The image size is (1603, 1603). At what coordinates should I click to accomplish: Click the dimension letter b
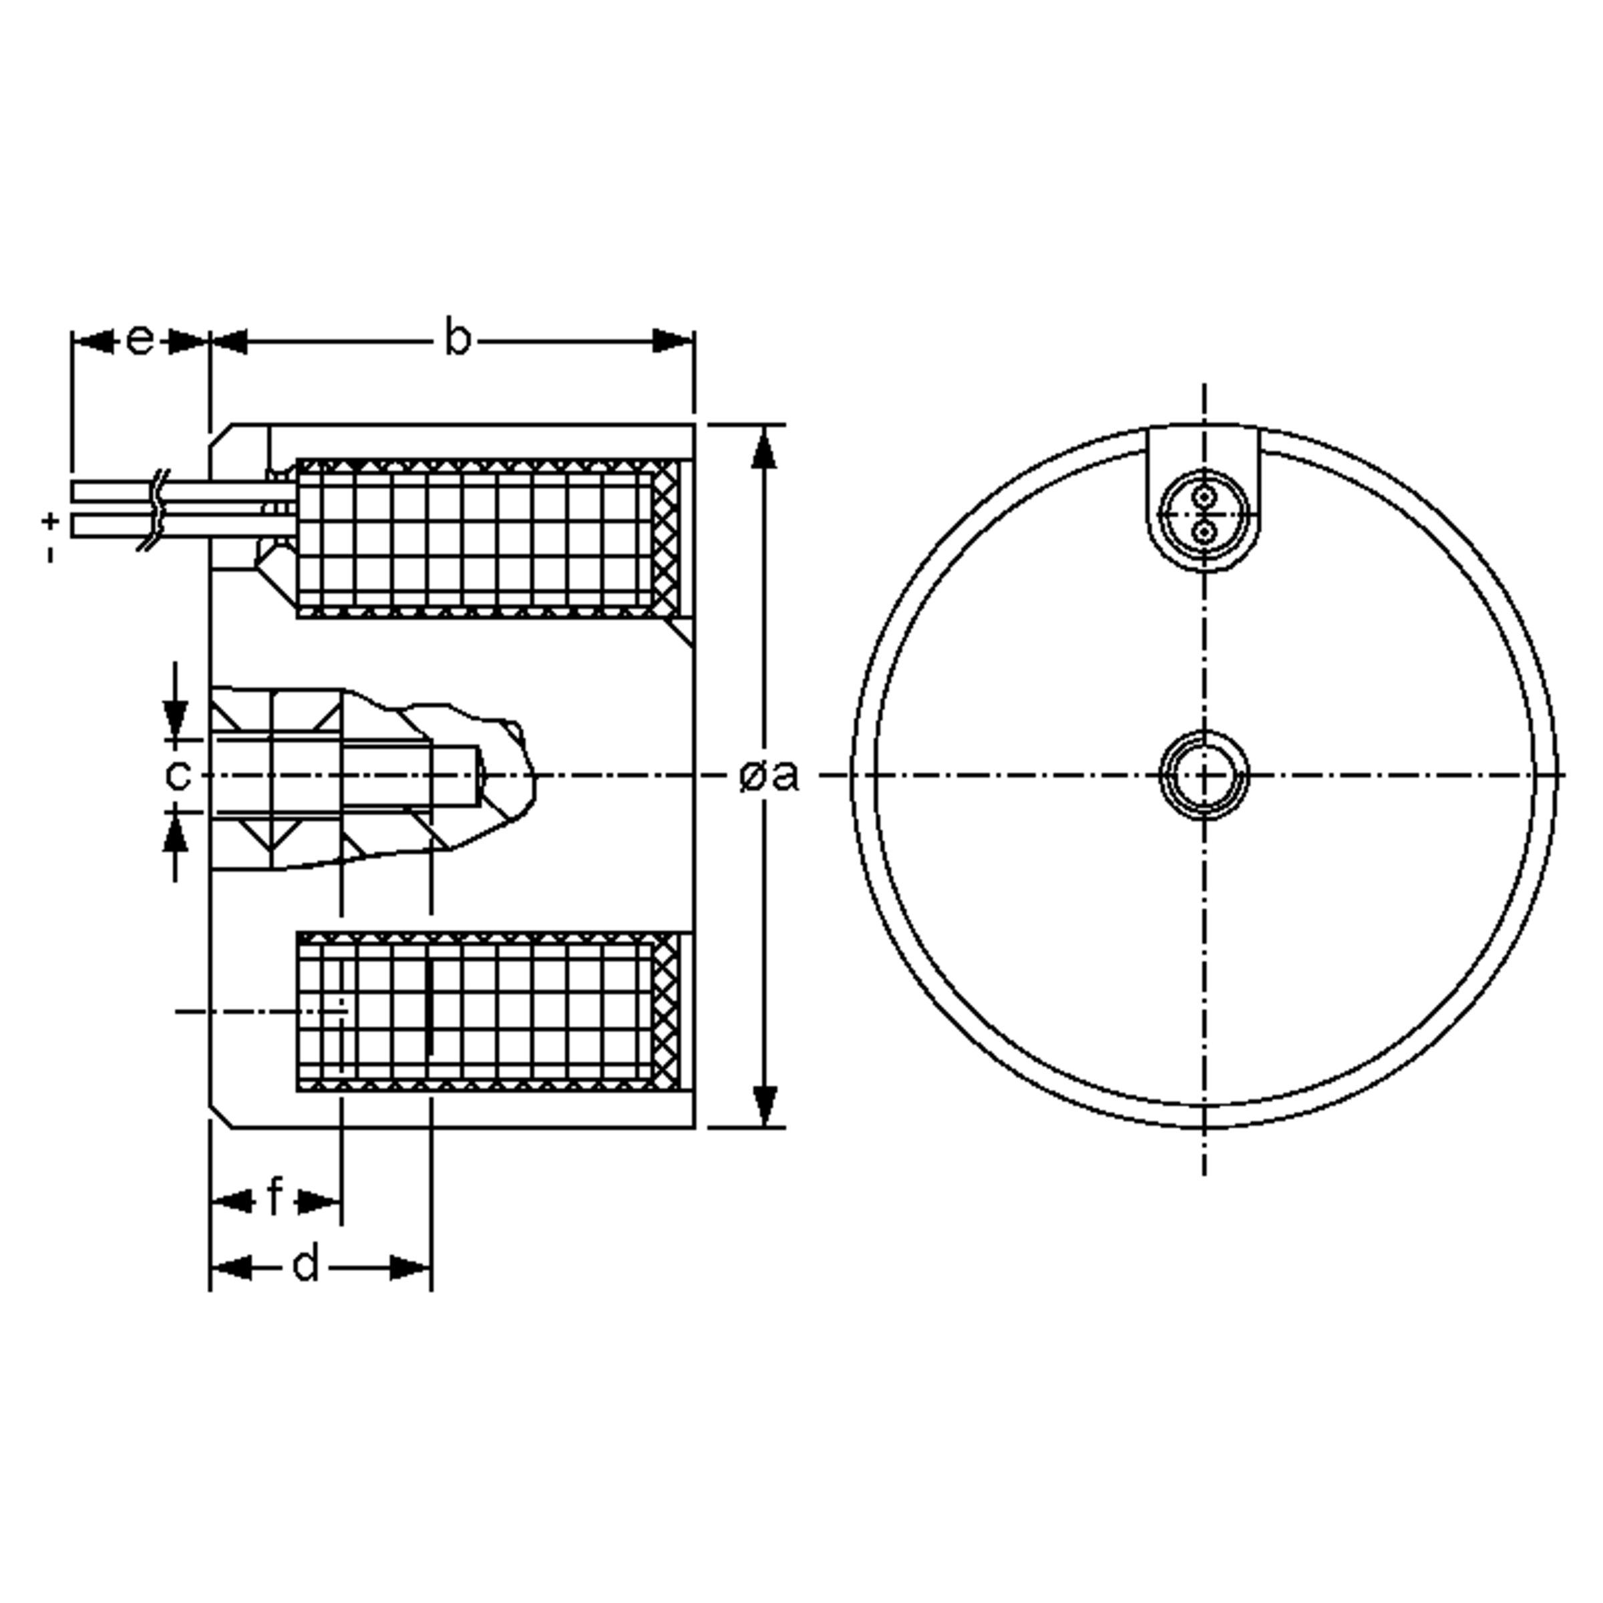457,339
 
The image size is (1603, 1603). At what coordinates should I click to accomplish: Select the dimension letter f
275,1198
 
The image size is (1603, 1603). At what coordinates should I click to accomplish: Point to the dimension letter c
178,775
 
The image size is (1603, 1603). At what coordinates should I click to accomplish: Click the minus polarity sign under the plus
51,554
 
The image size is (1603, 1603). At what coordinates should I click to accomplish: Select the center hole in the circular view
1203,775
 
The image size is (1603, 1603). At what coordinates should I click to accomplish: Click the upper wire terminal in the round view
1203,498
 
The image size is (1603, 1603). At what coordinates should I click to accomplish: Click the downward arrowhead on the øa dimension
764,1103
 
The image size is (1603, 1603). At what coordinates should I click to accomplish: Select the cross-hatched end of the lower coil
665,1011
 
